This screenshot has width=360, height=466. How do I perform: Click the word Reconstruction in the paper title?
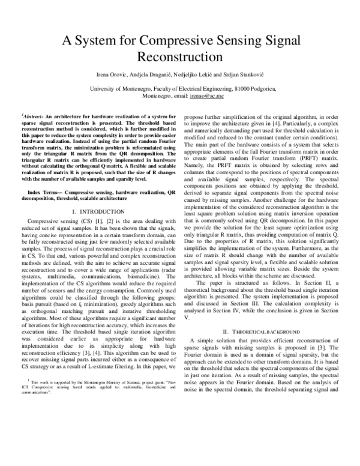click(x=181, y=56)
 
